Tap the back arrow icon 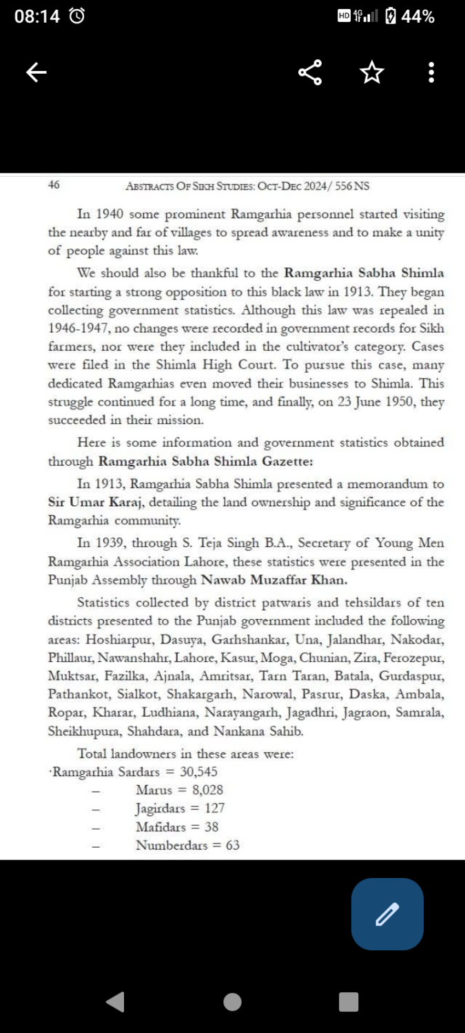click(37, 72)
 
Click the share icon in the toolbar click(310, 72)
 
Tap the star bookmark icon click(372, 72)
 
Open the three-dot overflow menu click(431, 72)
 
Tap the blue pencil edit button click(387, 914)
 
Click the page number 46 click(54, 185)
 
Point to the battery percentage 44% click(417, 17)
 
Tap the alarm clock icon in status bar click(78, 17)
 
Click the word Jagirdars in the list click(160, 808)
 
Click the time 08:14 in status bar click(37, 17)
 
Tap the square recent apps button click(349, 1001)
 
